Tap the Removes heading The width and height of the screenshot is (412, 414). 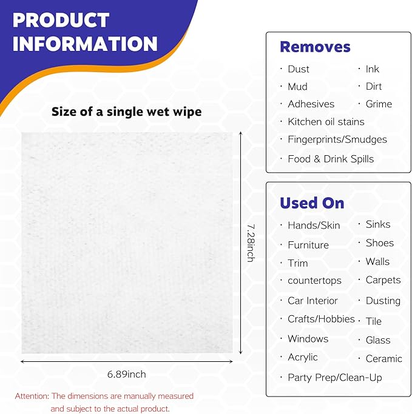pos(315,47)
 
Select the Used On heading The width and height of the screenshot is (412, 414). pos(312,203)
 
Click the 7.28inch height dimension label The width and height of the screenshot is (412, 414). pos(250,242)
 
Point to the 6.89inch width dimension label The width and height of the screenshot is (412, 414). pos(127,374)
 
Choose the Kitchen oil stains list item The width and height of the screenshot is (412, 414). pos(326,122)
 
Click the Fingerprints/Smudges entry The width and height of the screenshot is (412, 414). pos(337,139)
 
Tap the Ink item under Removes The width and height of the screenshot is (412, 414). pos(372,69)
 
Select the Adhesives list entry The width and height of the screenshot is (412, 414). pos(311,104)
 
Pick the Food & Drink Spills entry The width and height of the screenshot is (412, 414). pos(331,159)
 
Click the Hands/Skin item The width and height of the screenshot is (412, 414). pos(314,225)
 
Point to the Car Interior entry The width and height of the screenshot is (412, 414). pos(312,301)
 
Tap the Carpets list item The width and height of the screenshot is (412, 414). pos(383,280)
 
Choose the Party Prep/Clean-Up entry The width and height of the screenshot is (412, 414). pos(334,378)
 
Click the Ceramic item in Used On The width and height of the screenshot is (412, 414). pos(383,359)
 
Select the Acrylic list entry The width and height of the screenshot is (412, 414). pos(302,357)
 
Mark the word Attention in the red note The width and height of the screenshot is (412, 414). pos(32,396)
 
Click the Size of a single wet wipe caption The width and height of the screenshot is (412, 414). pos(126,112)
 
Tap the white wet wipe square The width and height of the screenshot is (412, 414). pos(127,242)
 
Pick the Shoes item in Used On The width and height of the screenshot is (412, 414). pos(379,243)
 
